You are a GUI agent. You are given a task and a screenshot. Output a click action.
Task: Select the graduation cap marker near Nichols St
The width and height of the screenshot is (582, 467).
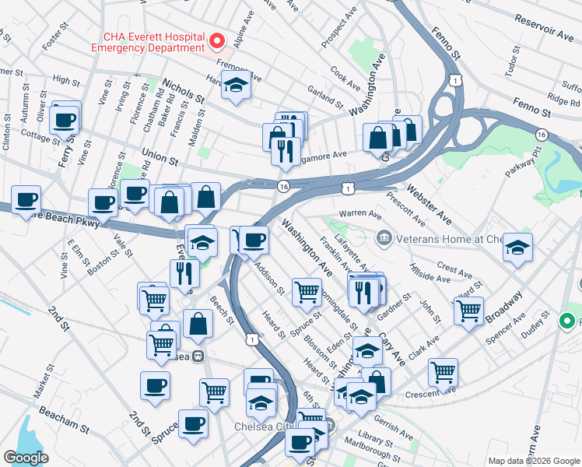point(235,86)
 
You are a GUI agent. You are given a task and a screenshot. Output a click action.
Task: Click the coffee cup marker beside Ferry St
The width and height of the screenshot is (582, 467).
point(65,120)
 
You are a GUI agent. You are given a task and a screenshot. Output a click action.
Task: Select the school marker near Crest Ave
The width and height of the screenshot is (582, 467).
point(517,248)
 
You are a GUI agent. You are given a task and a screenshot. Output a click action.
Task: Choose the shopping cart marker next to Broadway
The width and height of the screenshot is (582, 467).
point(468,310)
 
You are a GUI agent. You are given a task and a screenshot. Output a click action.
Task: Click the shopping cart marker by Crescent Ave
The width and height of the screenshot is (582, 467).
point(443,372)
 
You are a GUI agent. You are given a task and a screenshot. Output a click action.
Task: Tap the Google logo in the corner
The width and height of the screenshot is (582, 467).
point(26,458)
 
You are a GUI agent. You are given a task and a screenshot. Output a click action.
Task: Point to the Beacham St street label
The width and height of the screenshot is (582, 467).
point(66,418)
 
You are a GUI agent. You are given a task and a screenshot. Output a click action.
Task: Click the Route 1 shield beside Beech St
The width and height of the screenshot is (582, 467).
point(251,339)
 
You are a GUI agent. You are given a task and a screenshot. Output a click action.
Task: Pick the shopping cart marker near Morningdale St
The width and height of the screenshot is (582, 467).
point(307,292)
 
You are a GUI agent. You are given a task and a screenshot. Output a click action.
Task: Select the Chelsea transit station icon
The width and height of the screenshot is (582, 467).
point(198,356)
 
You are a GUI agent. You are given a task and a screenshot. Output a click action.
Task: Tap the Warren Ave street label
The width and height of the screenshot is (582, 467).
point(359,214)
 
